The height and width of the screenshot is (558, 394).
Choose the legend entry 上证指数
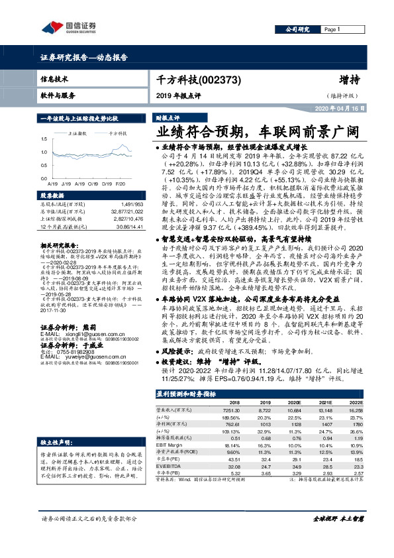tap(79, 133)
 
